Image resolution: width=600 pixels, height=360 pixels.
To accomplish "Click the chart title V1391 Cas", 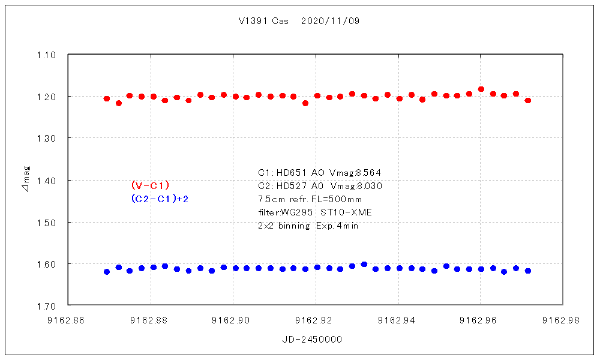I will pyautogui.click(x=263, y=21).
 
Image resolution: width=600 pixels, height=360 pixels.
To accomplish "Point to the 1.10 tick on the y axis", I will pyautogui.click(x=46, y=55).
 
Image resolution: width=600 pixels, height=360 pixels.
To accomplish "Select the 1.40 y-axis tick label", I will pyautogui.click(x=46, y=181).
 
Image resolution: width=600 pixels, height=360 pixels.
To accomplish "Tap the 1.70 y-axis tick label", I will pyautogui.click(x=46, y=306).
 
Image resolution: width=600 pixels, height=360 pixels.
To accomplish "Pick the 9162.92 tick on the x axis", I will pyautogui.click(x=316, y=320).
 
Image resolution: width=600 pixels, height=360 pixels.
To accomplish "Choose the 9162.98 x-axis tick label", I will pyautogui.click(x=563, y=320).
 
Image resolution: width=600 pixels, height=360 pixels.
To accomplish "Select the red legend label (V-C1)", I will pyautogui.click(x=151, y=185).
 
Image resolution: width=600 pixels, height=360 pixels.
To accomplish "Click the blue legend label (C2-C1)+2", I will pyautogui.click(x=160, y=199).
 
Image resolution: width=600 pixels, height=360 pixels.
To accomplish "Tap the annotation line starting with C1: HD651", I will pyautogui.click(x=320, y=173).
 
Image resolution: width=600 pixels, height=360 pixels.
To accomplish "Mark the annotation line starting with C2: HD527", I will pyautogui.click(x=320, y=186).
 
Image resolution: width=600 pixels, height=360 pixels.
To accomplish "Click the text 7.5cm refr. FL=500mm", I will pyautogui.click(x=310, y=199).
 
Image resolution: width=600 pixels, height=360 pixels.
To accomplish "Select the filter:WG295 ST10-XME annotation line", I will pyautogui.click(x=315, y=212).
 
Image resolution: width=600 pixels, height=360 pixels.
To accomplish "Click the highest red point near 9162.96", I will pyautogui.click(x=481, y=89).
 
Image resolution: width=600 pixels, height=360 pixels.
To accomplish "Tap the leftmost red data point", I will pyautogui.click(x=107, y=98).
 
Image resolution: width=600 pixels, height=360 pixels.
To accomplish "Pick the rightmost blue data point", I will pyautogui.click(x=528, y=271).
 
